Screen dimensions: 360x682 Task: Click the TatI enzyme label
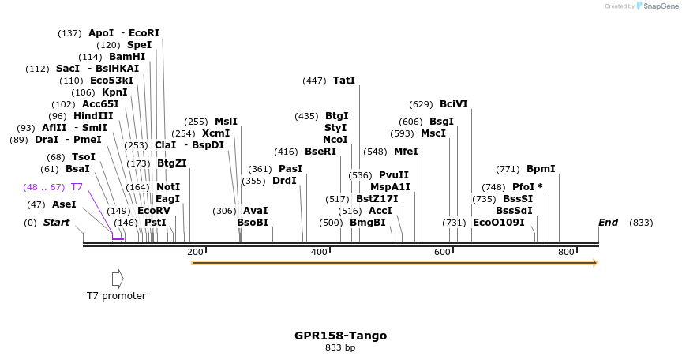click(x=344, y=81)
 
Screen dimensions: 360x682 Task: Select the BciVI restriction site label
click(x=454, y=104)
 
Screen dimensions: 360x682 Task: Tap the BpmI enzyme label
click(x=541, y=169)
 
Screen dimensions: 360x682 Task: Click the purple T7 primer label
click(x=77, y=187)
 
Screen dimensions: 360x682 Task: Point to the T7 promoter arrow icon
click(x=118, y=278)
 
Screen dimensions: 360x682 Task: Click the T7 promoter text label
click(x=116, y=296)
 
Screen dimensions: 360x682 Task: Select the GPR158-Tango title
click(x=340, y=336)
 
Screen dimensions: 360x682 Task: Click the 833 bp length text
click(x=340, y=347)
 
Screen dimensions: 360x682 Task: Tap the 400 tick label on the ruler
click(x=320, y=252)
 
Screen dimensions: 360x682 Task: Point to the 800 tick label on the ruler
click(x=566, y=252)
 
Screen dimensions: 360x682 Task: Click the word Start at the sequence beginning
click(x=56, y=223)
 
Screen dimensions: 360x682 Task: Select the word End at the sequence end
click(x=608, y=223)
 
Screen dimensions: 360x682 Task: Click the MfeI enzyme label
click(x=406, y=152)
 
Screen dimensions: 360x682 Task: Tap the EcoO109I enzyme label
click(x=498, y=223)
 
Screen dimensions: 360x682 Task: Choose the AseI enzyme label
click(x=64, y=204)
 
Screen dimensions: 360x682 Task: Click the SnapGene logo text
click(x=659, y=6)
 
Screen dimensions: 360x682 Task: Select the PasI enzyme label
click(x=290, y=169)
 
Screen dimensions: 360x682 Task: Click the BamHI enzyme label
click(x=127, y=57)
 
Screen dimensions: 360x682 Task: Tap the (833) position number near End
click(x=641, y=223)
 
